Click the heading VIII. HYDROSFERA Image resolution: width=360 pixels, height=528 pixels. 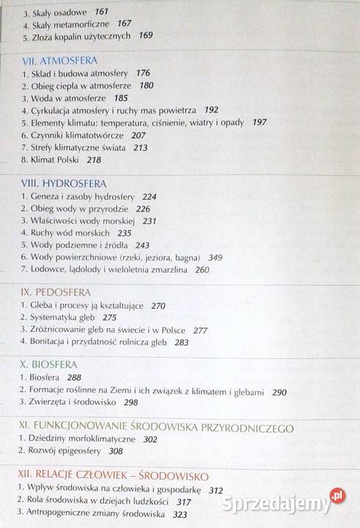64,183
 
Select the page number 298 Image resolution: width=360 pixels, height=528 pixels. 131,402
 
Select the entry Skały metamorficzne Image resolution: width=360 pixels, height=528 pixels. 62,23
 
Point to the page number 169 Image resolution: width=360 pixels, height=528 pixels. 146,35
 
